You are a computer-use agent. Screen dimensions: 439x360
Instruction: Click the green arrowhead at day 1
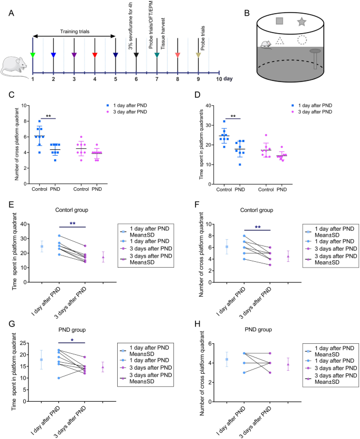(x=33, y=54)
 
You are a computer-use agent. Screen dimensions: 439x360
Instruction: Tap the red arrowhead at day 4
(x=95, y=54)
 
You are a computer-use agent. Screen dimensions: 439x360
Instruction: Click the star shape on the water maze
(x=302, y=22)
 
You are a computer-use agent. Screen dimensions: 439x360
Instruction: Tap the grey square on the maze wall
(x=280, y=21)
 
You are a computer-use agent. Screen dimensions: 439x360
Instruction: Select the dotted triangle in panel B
(x=280, y=40)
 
